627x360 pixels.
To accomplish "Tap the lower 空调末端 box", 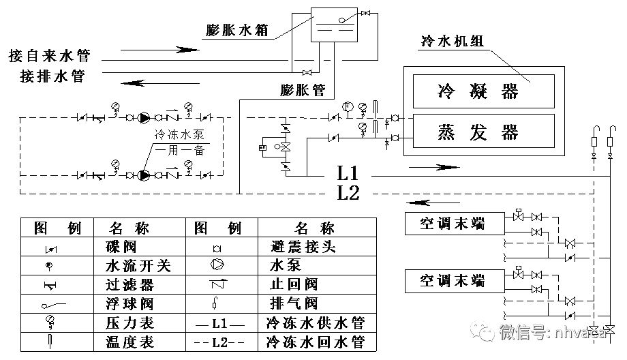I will tap(453, 280).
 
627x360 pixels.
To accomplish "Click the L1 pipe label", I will tap(347, 170).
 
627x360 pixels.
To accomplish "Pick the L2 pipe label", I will tap(348, 192).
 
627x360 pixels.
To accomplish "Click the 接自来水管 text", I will tap(49, 55).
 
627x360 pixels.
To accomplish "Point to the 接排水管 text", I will tap(52, 76).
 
